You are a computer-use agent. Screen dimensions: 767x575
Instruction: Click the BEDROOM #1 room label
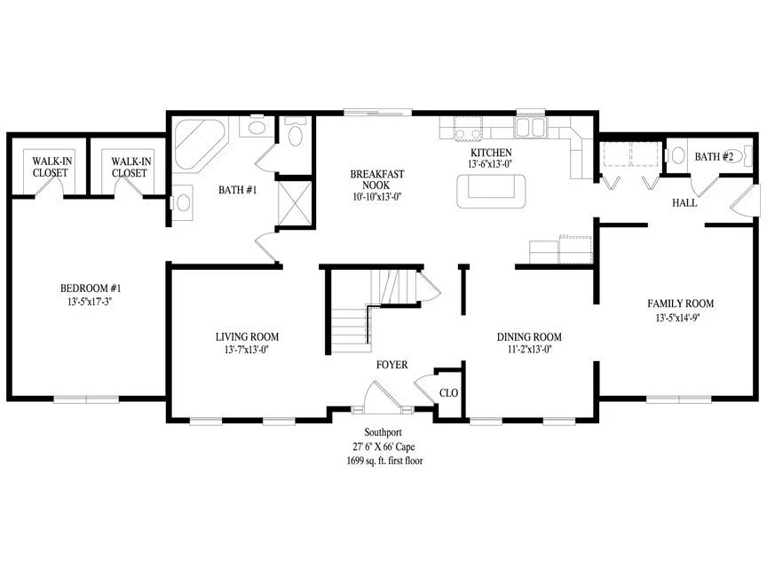coord(91,288)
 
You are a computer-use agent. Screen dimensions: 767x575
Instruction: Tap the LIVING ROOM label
coord(247,336)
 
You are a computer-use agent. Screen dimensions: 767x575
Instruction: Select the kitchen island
coord(491,191)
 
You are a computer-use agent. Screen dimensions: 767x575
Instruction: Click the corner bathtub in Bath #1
coord(200,143)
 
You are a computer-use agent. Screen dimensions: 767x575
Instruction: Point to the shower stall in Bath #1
coord(295,203)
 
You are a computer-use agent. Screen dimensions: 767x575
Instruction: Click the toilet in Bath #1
coord(295,132)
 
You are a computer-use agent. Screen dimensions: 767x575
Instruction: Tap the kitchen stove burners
coord(468,129)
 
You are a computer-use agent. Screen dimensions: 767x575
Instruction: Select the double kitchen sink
coord(530,127)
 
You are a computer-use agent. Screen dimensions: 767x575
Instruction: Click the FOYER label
coord(391,365)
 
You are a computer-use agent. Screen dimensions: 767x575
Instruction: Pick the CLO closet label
coord(448,393)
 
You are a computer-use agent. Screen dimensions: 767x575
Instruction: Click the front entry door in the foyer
coord(383,394)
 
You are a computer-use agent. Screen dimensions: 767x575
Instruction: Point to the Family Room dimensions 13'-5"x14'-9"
coord(677,318)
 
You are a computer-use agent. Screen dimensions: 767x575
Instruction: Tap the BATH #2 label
coord(714,157)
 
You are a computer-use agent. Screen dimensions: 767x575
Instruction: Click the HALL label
coord(684,203)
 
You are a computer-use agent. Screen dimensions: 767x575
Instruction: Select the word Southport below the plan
coord(383,432)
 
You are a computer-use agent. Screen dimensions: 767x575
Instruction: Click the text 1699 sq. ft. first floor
coord(385,461)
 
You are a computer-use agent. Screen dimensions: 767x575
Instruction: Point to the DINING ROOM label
coord(529,336)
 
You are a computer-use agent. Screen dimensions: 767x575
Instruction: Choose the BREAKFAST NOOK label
coord(377,179)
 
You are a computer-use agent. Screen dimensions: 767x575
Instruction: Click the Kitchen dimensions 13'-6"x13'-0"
coord(490,164)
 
